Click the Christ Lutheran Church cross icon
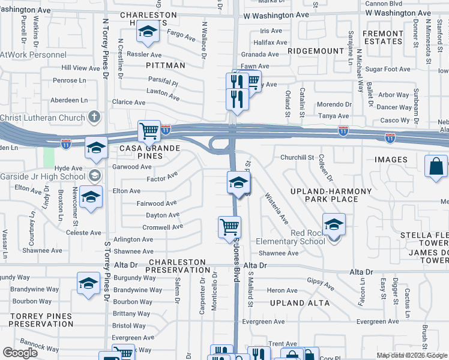tap(94, 117)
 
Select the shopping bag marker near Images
tap(436, 166)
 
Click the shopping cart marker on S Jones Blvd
tap(229, 227)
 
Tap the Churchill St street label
tap(297, 157)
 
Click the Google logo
tap(20, 352)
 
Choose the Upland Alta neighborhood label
tap(300, 303)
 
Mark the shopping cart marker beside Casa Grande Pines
tap(149, 130)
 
